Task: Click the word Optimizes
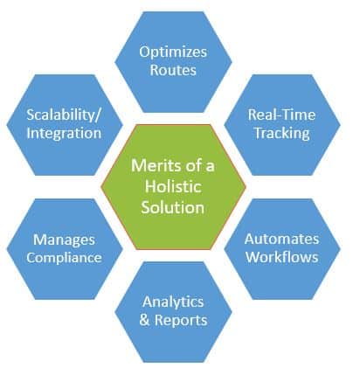[x=174, y=52]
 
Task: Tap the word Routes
[x=174, y=69]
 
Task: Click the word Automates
[x=281, y=239]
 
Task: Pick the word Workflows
[x=281, y=256]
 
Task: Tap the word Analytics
[x=175, y=302]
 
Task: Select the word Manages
[x=63, y=239]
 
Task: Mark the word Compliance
[x=63, y=256]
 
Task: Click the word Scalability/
[x=64, y=115]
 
